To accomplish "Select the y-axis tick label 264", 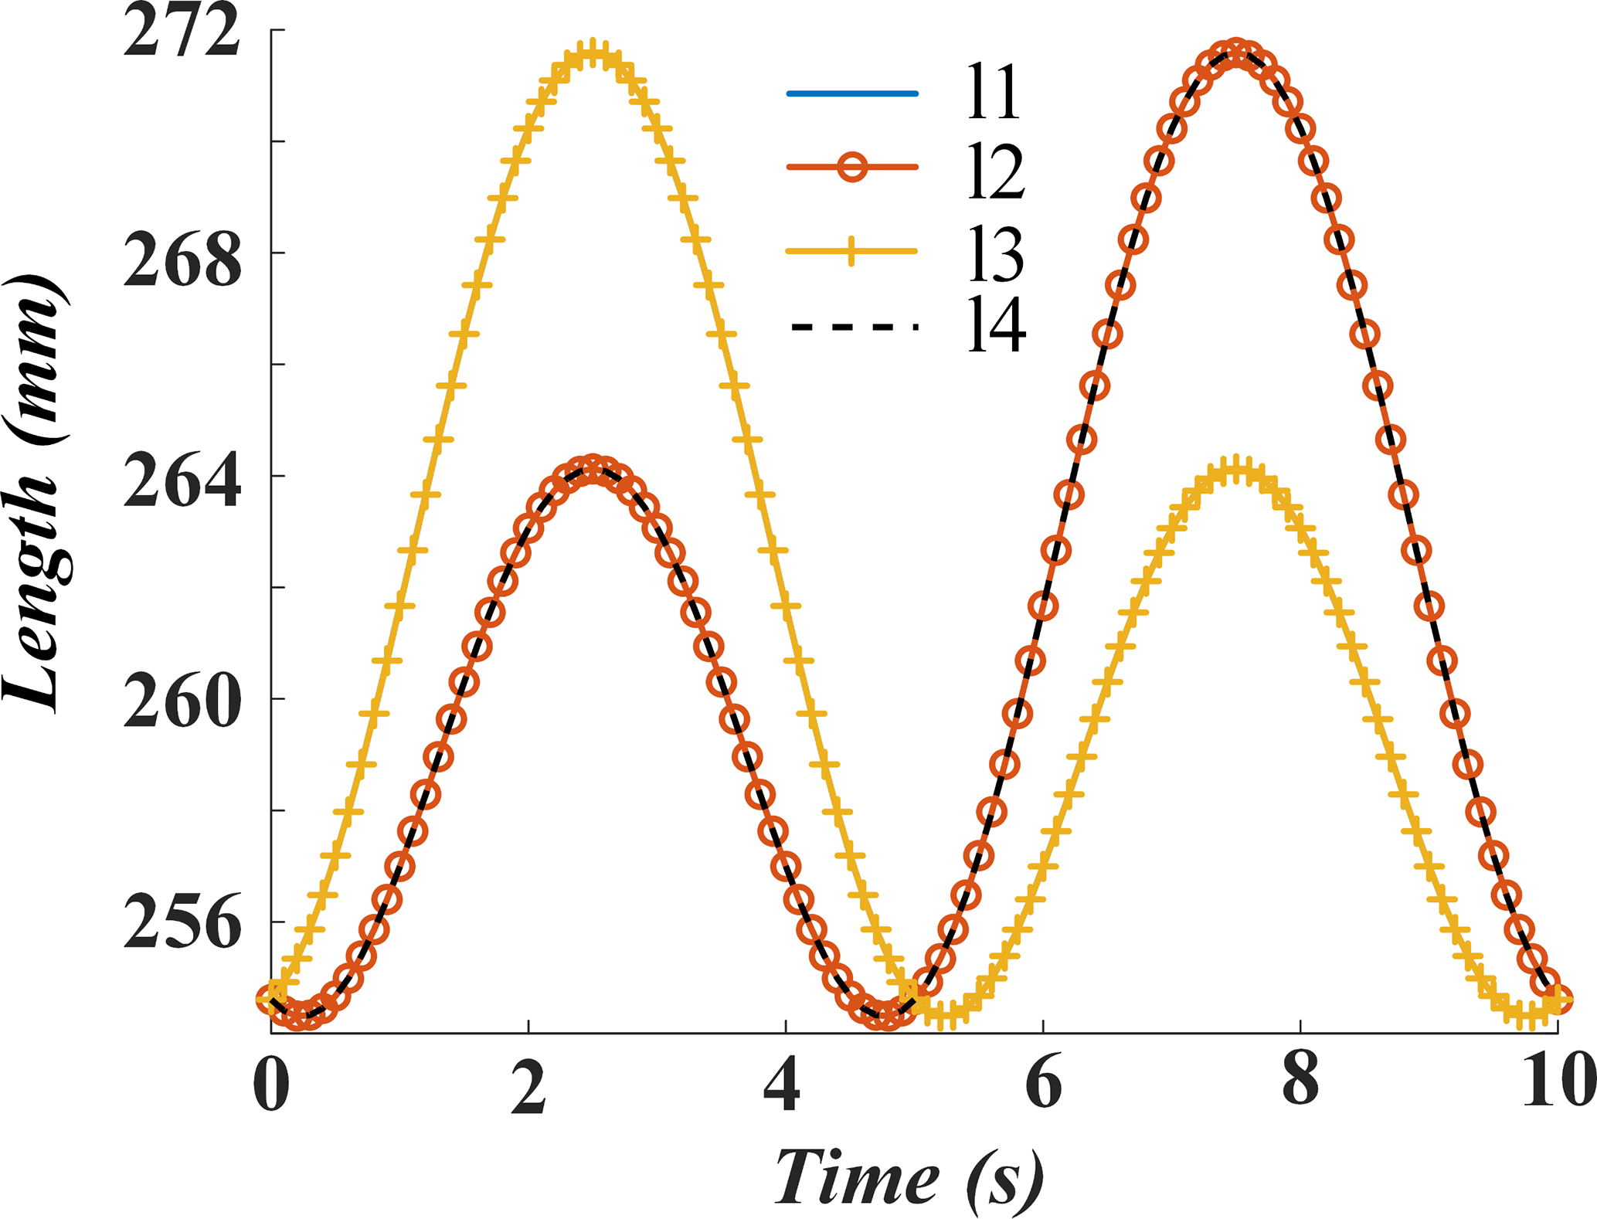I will point(182,485).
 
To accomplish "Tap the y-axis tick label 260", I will point(182,705).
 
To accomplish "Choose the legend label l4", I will point(997,328).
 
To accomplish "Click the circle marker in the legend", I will point(852,167).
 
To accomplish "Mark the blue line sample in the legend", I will point(852,94).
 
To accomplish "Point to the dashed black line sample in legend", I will point(852,328).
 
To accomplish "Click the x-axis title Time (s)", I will point(909,1177).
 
